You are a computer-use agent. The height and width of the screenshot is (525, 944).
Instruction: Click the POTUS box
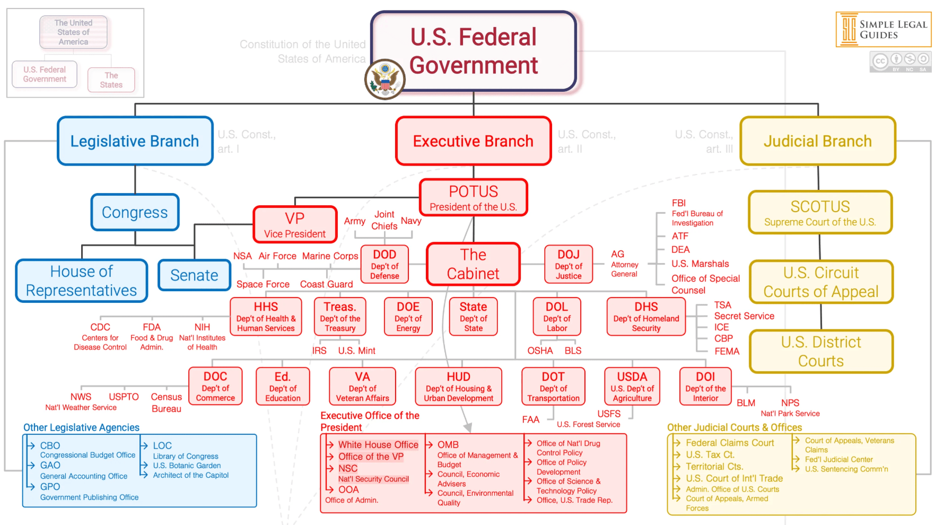click(473, 197)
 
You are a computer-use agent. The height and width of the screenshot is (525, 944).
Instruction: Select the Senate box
click(194, 275)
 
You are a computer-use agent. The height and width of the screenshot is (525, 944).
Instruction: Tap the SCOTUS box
click(820, 212)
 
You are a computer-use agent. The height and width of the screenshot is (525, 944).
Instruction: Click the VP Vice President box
click(295, 225)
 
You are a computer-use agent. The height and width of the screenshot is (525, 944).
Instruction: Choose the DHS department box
click(646, 317)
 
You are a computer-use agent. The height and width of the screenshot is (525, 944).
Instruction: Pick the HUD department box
click(458, 387)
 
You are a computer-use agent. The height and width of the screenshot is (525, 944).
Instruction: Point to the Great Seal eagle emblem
click(385, 80)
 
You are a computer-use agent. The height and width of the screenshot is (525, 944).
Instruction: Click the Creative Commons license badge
click(901, 62)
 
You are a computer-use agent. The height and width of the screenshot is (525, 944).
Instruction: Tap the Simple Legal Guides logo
click(884, 30)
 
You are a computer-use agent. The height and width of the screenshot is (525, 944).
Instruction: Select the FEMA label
click(727, 351)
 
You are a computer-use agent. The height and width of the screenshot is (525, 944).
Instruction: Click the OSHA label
click(540, 351)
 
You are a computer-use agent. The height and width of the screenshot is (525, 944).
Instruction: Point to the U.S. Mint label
click(356, 351)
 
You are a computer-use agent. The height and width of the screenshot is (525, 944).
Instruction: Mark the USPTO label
click(124, 397)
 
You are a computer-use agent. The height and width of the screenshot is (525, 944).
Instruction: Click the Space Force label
click(263, 284)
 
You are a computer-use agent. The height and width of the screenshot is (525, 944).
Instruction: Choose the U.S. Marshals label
click(700, 264)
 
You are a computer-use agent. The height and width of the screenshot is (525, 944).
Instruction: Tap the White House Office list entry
click(378, 444)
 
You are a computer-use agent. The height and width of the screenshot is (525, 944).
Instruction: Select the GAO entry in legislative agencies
click(50, 465)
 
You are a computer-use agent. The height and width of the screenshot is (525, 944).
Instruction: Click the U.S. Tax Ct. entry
click(710, 454)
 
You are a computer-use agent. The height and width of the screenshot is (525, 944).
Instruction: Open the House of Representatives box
click(82, 281)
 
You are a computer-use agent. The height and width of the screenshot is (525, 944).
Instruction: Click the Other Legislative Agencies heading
click(81, 427)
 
